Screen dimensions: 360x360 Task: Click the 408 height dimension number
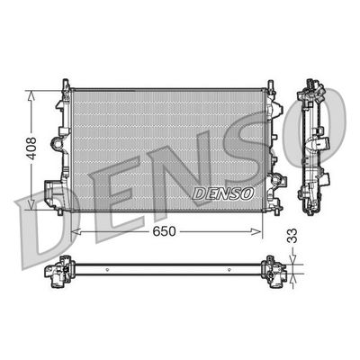tap(31, 148)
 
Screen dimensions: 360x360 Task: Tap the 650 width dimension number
tap(164, 231)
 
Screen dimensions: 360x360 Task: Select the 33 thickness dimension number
tap(292, 236)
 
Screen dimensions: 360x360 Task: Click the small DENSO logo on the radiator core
tap(223, 193)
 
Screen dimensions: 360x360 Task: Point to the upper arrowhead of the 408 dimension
tap(31, 95)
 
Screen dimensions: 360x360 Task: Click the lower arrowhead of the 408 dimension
tap(31, 203)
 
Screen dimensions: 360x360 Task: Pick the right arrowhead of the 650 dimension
tap(256, 231)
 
